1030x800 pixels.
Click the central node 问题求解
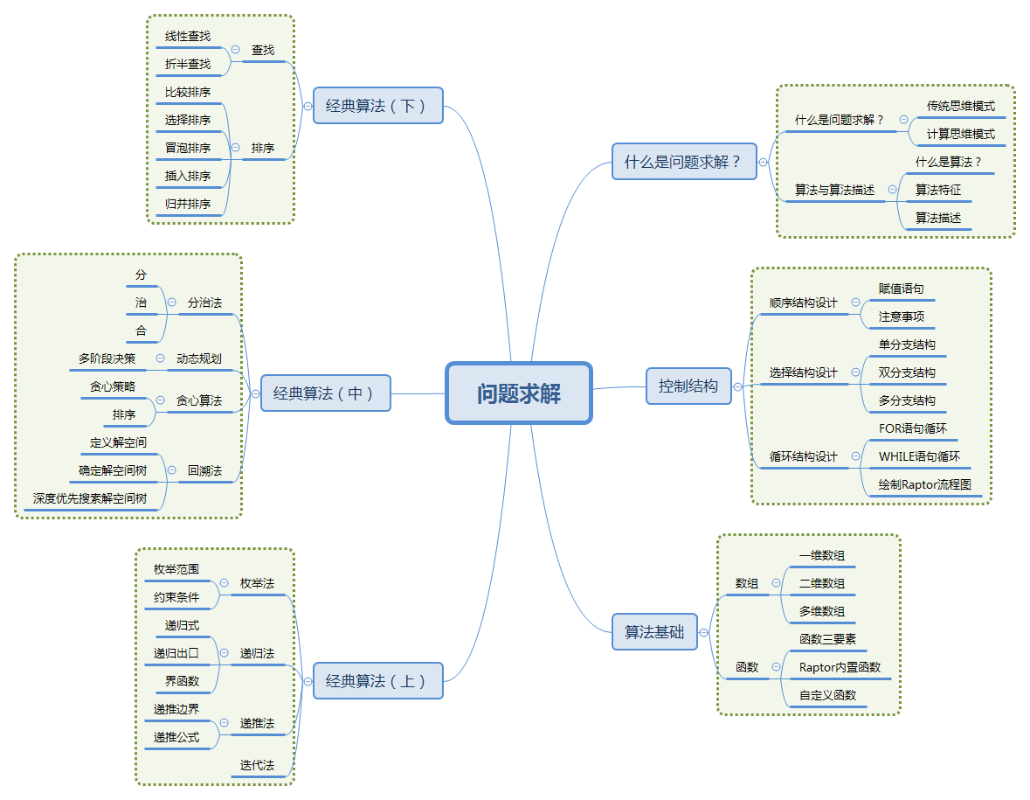pos(519,393)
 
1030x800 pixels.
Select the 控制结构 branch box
pos(688,386)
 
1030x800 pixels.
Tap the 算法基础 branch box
pos(654,631)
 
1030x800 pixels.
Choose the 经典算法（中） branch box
pos(325,393)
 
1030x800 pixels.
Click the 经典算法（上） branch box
pos(377,680)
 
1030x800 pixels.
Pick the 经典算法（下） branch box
pos(377,106)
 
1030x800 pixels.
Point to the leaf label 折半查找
pos(188,65)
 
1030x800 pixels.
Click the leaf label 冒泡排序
pos(188,149)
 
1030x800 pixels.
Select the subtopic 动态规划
pos(199,358)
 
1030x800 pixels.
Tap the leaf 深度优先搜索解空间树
pos(89,499)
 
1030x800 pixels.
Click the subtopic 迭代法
pos(257,766)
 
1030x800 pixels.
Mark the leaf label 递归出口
pos(176,653)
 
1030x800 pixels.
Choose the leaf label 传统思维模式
pos(960,107)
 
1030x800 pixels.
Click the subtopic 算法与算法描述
pos(834,190)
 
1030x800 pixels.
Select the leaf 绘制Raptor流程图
pos(924,484)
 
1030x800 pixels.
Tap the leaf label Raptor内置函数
pos(840,667)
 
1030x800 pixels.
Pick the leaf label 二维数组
pos(822,584)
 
